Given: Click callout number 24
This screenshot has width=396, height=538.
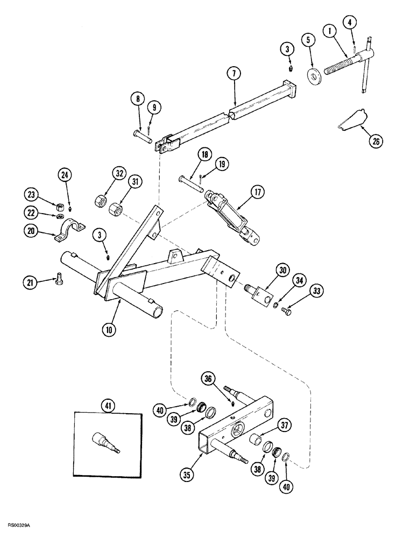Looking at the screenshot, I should click(x=65, y=174).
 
